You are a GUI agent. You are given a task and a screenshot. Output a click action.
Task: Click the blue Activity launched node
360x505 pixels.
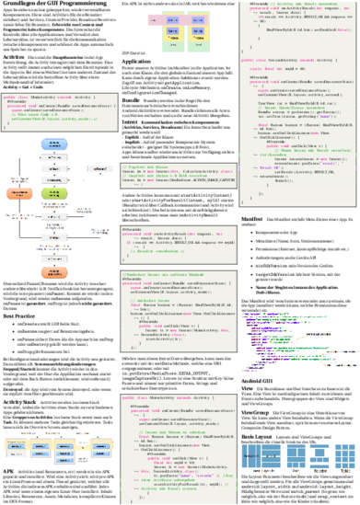pos(54,143)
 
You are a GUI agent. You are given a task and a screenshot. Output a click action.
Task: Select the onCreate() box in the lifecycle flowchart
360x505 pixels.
pos(54,157)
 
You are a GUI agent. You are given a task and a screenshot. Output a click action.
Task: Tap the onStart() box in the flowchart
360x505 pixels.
pos(54,169)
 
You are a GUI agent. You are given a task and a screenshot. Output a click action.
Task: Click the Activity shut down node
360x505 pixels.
pos(54,273)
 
